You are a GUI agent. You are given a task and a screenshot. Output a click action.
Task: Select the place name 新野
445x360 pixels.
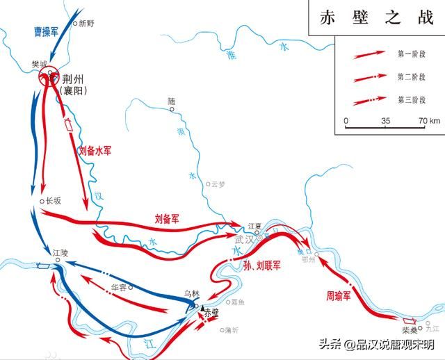point(85,23)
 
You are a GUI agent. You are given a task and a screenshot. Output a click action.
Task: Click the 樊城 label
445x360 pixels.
point(40,65)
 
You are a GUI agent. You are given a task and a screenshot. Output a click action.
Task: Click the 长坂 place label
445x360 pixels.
point(54,201)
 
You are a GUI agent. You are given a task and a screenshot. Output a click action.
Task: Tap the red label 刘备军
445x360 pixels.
point(167,218)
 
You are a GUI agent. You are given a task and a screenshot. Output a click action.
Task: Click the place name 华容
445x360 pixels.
point(120,286)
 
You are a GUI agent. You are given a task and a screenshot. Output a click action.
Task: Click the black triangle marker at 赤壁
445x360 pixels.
point(202,307)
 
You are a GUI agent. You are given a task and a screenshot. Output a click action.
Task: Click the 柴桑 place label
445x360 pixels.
point(409,332)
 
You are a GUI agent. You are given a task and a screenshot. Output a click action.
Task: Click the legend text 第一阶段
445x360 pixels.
point(410,53)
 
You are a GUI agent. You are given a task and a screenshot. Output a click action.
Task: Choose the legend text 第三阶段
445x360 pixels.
point(410,100)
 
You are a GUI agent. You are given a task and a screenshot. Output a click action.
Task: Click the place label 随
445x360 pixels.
point(172,101)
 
